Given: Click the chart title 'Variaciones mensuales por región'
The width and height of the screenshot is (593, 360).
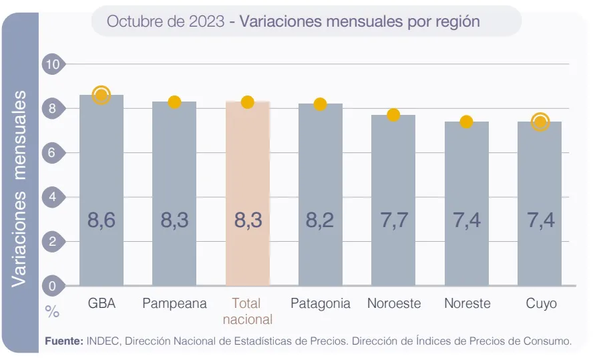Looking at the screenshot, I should pyautogui.click(x=359, y=21).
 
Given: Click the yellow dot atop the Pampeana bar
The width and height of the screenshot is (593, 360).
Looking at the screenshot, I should pyautogui.click(x=174, y=102).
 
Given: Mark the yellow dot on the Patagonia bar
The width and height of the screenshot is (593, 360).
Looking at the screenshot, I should pyautogui.click(x=320, y=104).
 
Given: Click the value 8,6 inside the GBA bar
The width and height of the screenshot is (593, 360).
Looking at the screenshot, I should pyautogui.click(x=102, y=220).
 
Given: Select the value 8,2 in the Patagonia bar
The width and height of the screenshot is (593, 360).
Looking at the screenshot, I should pyautogui.click(x=320, y=220).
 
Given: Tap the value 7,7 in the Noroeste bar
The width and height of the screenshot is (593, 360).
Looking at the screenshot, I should pyautogui.click(x=393, y=220).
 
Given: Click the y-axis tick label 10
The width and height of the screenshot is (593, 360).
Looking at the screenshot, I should pyautogui.click(x=51, y=64).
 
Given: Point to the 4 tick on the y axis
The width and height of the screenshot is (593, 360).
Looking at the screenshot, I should pyautogui.click(x=51, y=197).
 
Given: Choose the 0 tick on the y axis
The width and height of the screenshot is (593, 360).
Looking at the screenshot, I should pyautogui.click(x=51, y=286).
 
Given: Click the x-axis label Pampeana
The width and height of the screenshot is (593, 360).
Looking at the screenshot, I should pyautogui.click(x=174, y=303).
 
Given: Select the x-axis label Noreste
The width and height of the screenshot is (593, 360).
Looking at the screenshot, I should pyautogui.click(x=467, y=303).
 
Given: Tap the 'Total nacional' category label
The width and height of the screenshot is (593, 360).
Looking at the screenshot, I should pyautogui.click(x=248, y=311).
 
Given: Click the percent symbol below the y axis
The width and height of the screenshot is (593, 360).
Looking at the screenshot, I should pyautogui.click(x=52, y=312).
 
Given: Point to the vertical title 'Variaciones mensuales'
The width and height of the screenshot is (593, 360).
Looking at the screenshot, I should pyautogui.click(x=19, y=190).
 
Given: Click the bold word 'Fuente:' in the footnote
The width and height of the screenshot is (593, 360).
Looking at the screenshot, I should pyautogui.click(x=64, y=341).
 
